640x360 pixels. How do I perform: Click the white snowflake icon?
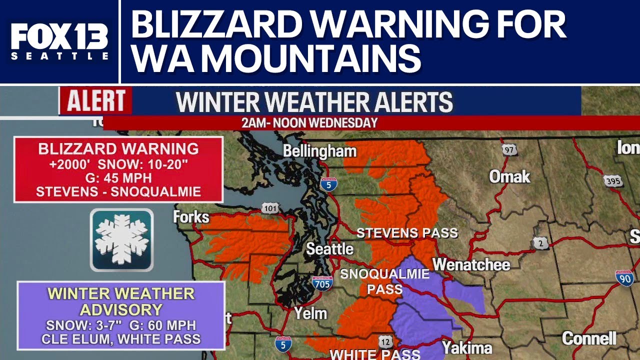click(x=122, y=239)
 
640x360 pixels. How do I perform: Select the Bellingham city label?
click(x=319, y=151)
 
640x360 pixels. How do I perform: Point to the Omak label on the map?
click(x=509, y=176)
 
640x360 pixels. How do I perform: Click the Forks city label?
click(x=191, y=217)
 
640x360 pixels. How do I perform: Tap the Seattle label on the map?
click(x=329, y=248)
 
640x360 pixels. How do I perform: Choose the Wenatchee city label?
click(x=471, y=264)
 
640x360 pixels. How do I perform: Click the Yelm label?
click(x=310, y=313)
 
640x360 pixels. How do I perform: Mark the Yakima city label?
click(x=467, y=347)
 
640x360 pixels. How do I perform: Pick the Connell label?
click(x=589, y=338)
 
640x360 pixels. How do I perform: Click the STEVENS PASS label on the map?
click(x=407, y=233)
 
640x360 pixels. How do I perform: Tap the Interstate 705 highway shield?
click(x=322, y=283)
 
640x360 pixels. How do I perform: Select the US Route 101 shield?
click(x=269, y=208)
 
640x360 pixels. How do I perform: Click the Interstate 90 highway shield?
click(x=624, y=278)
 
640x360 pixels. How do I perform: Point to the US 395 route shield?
click(x=613, y=180)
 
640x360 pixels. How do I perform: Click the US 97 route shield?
click(x=509, y=149)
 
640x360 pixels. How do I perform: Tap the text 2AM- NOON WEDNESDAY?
click(x=309, y=123)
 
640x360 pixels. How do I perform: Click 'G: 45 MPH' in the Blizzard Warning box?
click(x=118, y=177)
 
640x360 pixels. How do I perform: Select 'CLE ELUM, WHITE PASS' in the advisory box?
click(x=121, y=339)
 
